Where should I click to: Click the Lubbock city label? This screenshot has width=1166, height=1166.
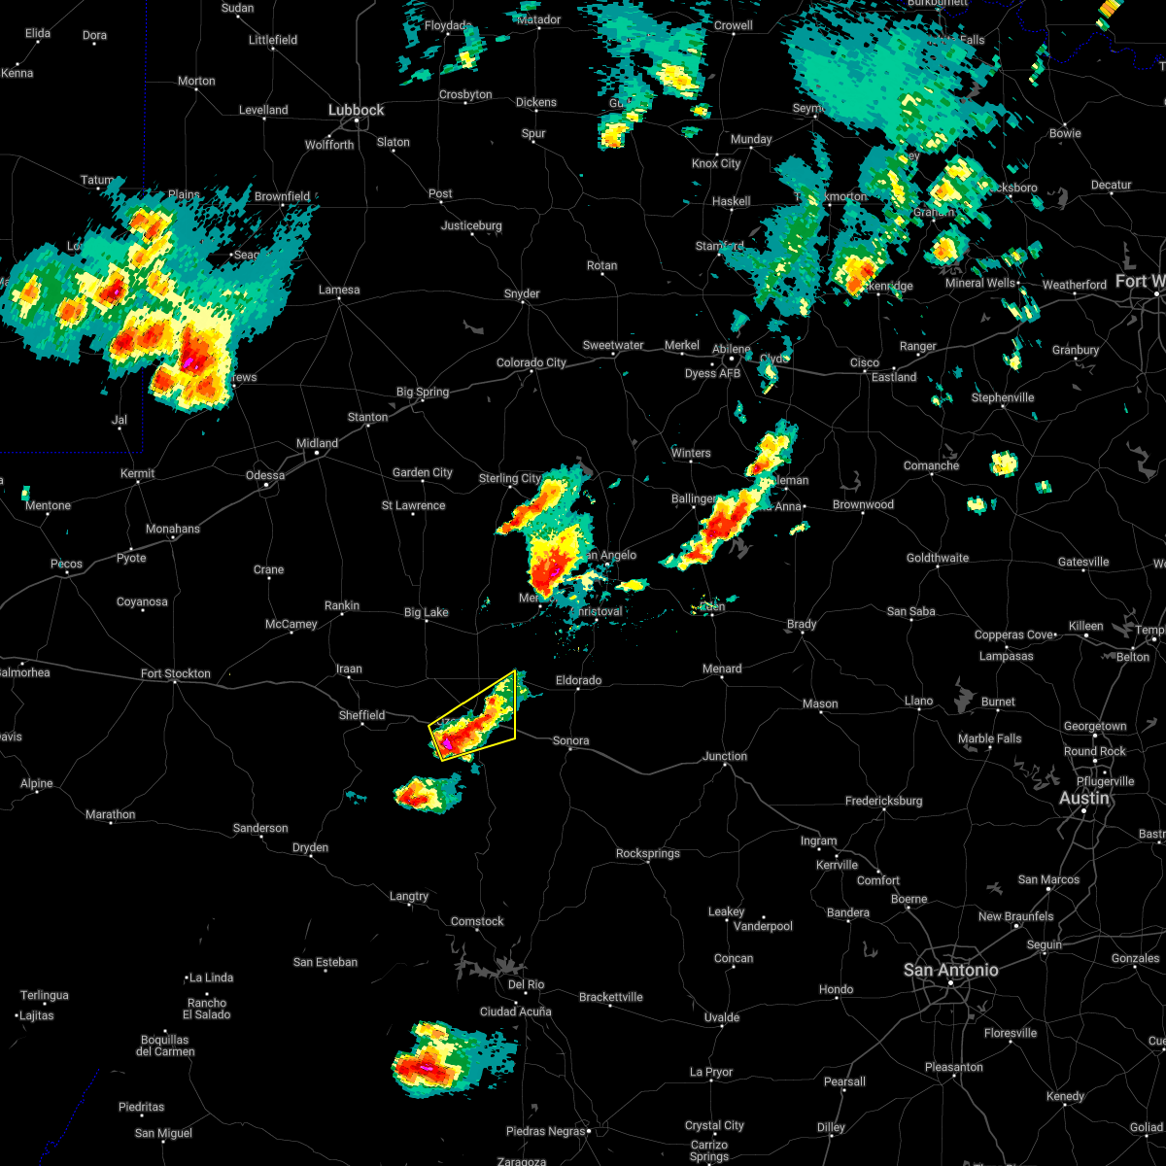tap(356, 111)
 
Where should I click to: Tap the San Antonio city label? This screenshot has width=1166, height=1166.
tap(950, 970)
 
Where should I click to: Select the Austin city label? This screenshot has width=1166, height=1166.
tap(1083, 798)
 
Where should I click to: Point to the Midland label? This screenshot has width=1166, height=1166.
tap(317, 444)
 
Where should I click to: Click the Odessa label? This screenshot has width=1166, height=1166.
tap(265, 475)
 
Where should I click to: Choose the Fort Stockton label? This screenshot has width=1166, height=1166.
tap(175, 673)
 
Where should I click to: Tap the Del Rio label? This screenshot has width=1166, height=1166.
tap(526, 984)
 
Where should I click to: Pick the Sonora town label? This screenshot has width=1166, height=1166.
tap(570, 740)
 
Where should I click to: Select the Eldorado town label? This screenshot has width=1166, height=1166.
tap(578, 680)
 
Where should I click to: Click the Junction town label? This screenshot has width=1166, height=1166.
tap(725, 756)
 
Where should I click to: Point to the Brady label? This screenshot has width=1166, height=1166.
tap(802, 624)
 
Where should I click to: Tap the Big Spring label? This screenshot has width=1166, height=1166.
tap(423, 393)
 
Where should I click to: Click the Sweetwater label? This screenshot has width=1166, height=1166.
tap(613, 345)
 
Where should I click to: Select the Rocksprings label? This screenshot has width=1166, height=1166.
tap(648, 853)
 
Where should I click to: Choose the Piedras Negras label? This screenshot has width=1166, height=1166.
tap(544, 1131)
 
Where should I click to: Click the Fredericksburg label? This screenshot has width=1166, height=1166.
tap(883, 801)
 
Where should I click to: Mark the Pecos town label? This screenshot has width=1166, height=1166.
tap(67, 564)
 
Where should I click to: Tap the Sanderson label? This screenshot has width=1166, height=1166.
tap(260, 828)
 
